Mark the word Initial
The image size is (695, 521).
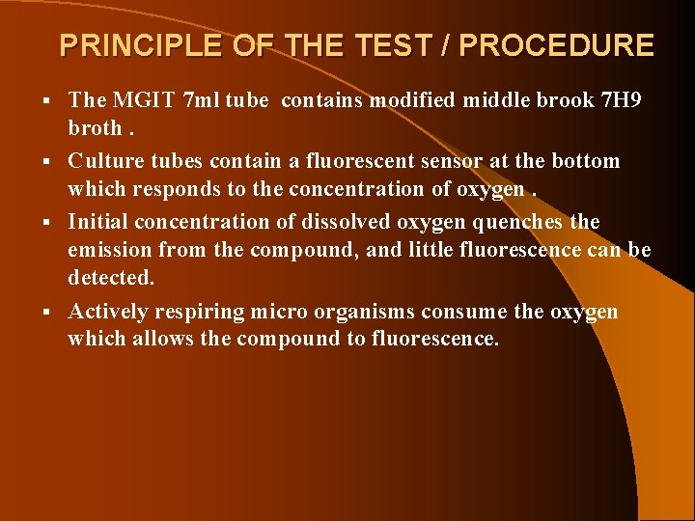click(97, 222)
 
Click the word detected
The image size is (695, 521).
click(111, 278)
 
